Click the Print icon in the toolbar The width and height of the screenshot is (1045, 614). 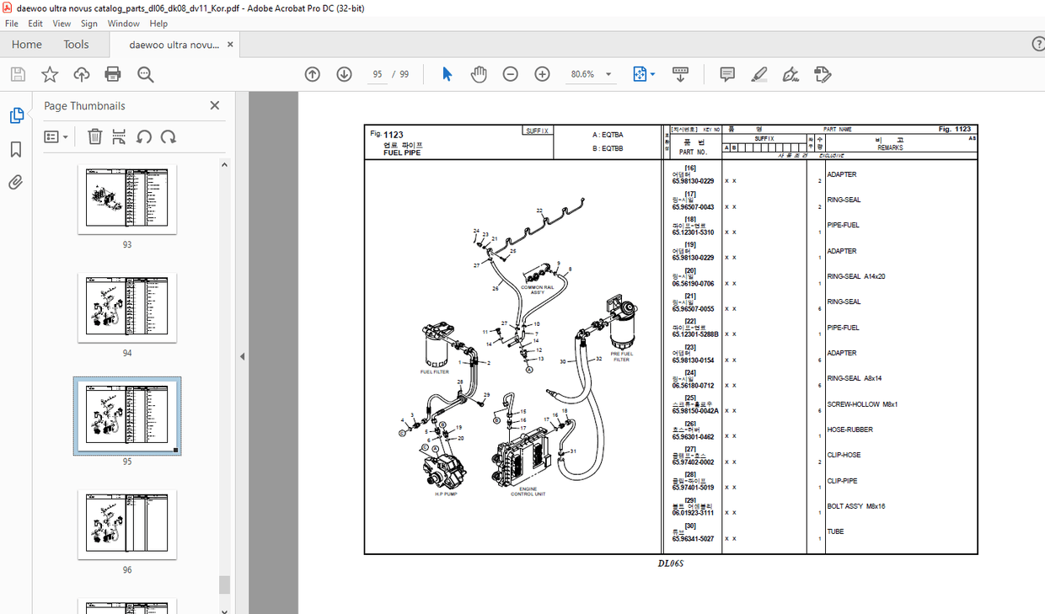(113, 74)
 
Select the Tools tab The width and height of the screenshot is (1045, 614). (76, 45)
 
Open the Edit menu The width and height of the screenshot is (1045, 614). (35, 24)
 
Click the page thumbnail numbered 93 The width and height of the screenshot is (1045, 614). (127, 200)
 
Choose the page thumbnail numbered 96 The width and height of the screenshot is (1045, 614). (127, 524)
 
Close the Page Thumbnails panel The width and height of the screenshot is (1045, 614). (214, 105)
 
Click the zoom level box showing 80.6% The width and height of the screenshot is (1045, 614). (583, 74)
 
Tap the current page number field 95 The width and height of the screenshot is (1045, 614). (378, 74)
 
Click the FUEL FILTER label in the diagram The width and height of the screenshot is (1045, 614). (435, 371)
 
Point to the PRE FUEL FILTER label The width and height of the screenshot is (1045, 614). (621, 356)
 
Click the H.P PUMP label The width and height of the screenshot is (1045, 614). (446, 494)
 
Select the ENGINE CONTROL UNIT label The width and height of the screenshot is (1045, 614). (528, 491)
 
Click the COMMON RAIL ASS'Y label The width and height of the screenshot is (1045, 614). (537, 289)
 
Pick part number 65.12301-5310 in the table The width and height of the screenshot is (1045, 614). (693, 232)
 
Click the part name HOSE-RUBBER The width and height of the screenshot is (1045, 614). (849, 430)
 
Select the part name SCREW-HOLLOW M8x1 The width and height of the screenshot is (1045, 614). (862, 404)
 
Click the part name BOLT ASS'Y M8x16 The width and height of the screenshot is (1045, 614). (856, 506)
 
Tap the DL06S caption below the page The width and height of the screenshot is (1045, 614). (671, 563)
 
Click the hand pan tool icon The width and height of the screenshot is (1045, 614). (479, 74)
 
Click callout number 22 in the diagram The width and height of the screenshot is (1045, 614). (539, 211)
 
